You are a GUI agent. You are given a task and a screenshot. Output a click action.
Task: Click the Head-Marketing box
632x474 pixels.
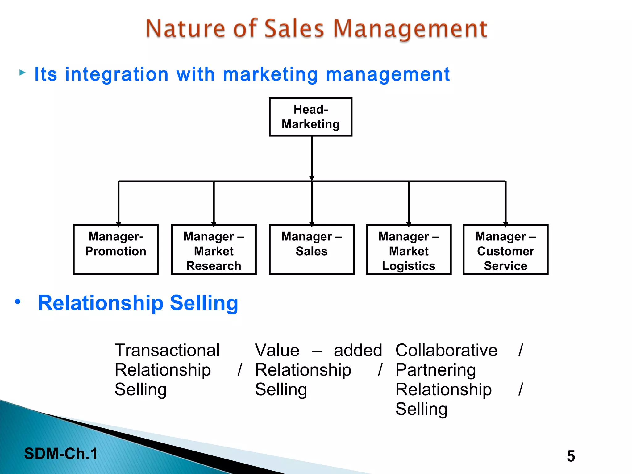[310, 117]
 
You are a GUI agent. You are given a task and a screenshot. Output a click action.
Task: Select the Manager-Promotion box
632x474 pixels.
[116, 249]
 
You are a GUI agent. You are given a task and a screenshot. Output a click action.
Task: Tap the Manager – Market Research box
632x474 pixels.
[214, 249]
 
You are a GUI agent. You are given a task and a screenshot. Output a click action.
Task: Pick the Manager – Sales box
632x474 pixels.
[311, 249]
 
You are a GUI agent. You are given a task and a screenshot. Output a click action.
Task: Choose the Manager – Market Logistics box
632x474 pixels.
[409, 249]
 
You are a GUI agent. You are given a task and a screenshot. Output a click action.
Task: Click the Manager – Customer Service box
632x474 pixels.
[505, 249]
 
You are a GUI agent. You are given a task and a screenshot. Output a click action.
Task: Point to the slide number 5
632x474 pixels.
[571, 456]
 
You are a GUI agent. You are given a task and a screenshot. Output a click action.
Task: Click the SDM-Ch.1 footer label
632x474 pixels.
[61, 454]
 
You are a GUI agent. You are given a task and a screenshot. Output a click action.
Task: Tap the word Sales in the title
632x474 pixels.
[294, 28]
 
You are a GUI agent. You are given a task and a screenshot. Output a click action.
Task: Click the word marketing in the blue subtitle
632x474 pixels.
[270, 74]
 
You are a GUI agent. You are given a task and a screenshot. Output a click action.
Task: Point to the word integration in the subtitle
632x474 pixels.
[117, 74]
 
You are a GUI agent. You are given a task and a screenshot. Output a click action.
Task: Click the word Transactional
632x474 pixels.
[167, 350]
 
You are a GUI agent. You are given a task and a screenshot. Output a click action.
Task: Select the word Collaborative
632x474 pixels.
[446, 350]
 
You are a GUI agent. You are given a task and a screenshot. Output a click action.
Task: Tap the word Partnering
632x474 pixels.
[435, 370]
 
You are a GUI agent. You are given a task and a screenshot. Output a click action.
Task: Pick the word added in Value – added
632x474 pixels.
[358, 350]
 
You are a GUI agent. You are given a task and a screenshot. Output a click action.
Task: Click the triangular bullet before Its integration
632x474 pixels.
[22, 73]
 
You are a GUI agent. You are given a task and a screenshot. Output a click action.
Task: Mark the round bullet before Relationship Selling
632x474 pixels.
[18, 301]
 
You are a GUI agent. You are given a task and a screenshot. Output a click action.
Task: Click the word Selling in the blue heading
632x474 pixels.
[204, 303]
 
